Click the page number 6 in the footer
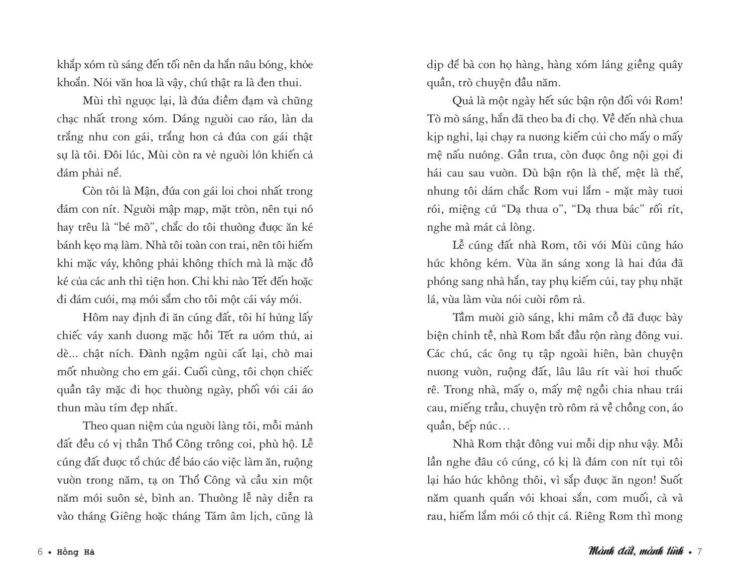pos(40,552)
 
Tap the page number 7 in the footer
pos(699,552)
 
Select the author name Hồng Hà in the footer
pos(76,552)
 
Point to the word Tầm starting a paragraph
pos(465,318)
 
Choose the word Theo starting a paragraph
pos(94,426)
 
